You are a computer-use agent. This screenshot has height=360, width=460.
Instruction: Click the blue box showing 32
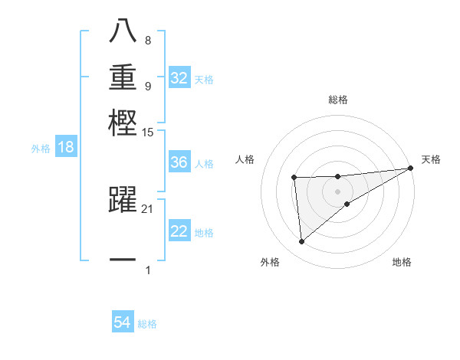click(x=179, y=78)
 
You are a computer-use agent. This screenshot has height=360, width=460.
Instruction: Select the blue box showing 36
click(x=179, y=162)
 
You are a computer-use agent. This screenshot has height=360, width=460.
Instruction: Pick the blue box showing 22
click(x=179, y=231)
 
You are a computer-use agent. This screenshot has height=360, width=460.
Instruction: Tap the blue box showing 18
click(x=65, y=148)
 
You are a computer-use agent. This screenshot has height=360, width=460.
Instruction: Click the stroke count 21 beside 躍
click(x=148, y=208)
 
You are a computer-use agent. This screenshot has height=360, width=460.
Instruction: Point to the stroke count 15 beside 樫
click(x=148, y=133)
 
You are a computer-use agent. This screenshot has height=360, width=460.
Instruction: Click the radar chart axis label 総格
click(x=338, y=100)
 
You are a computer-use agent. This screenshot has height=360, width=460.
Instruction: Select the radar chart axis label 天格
click(x=432, y=159)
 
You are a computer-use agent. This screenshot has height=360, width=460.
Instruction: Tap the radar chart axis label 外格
click(x=270, y=262)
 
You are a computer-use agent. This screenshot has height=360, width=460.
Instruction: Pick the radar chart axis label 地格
click(x=402, y=262)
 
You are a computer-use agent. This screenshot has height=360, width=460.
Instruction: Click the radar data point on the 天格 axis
click(x=411, y=169)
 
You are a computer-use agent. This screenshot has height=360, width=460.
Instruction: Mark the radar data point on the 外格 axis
click(x=301, y=242)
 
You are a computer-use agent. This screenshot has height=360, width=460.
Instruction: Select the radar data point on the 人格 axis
click(x=294, y=178)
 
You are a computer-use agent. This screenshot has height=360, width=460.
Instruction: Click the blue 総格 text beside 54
click(x=147, y=324)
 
